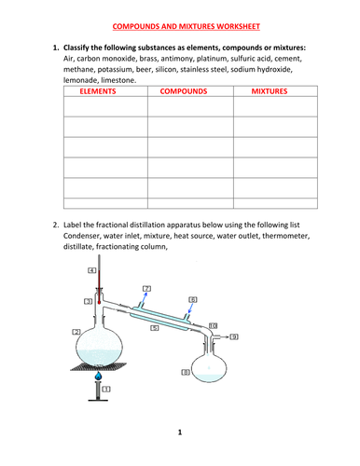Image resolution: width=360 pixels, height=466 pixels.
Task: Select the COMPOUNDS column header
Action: click(x=183, y=93)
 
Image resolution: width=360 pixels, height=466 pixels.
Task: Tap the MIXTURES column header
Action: click(x=270, y=93)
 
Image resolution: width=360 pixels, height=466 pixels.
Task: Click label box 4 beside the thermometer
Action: click(x=92, y=270)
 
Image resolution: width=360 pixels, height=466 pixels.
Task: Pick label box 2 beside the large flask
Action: click(x=75, y=332)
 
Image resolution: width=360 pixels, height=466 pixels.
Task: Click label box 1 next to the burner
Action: click(x=107, y=388)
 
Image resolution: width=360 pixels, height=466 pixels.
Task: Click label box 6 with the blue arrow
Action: click(x=192, y=300)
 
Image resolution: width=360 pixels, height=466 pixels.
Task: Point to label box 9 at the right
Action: click(x=234, y=336)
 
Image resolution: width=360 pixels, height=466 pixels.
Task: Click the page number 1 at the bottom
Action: click(x=180, y=432)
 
